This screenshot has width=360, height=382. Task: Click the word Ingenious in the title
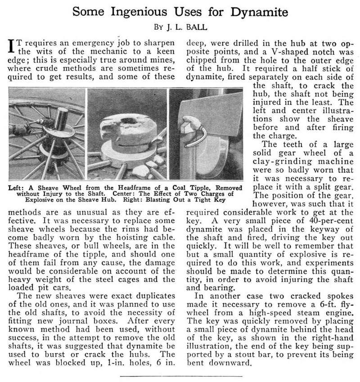[x=150, y=10]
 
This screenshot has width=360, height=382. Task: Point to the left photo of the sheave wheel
[x=47, y=133]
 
